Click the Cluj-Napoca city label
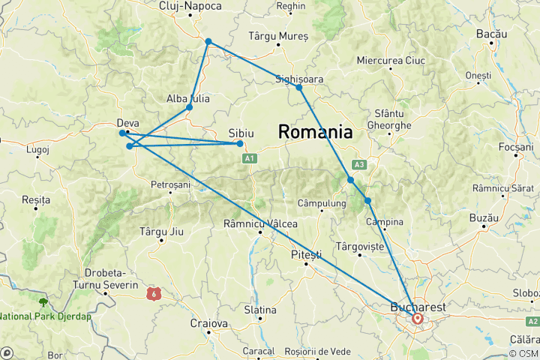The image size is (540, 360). click(x=190, y=7)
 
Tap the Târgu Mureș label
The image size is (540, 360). click(x=277, y=36)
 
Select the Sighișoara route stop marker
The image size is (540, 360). click(x=299, y=88)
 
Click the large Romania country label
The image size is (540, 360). click(x=315, y=132)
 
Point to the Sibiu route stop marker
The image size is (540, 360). click(x=240, y=143)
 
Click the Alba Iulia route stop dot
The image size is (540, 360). click(x=189, y=107)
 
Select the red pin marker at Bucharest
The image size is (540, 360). click(x=417, y=319)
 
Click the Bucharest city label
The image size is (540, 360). click(x=418, y=307)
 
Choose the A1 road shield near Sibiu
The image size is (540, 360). click(x=249, y=158)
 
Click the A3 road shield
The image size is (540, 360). click(x=359, y=165)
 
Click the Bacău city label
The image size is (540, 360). click(x=491, y=34)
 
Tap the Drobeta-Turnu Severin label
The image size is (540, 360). click(x=105, y=280)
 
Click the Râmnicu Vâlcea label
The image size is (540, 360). click(x=260, y=223)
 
